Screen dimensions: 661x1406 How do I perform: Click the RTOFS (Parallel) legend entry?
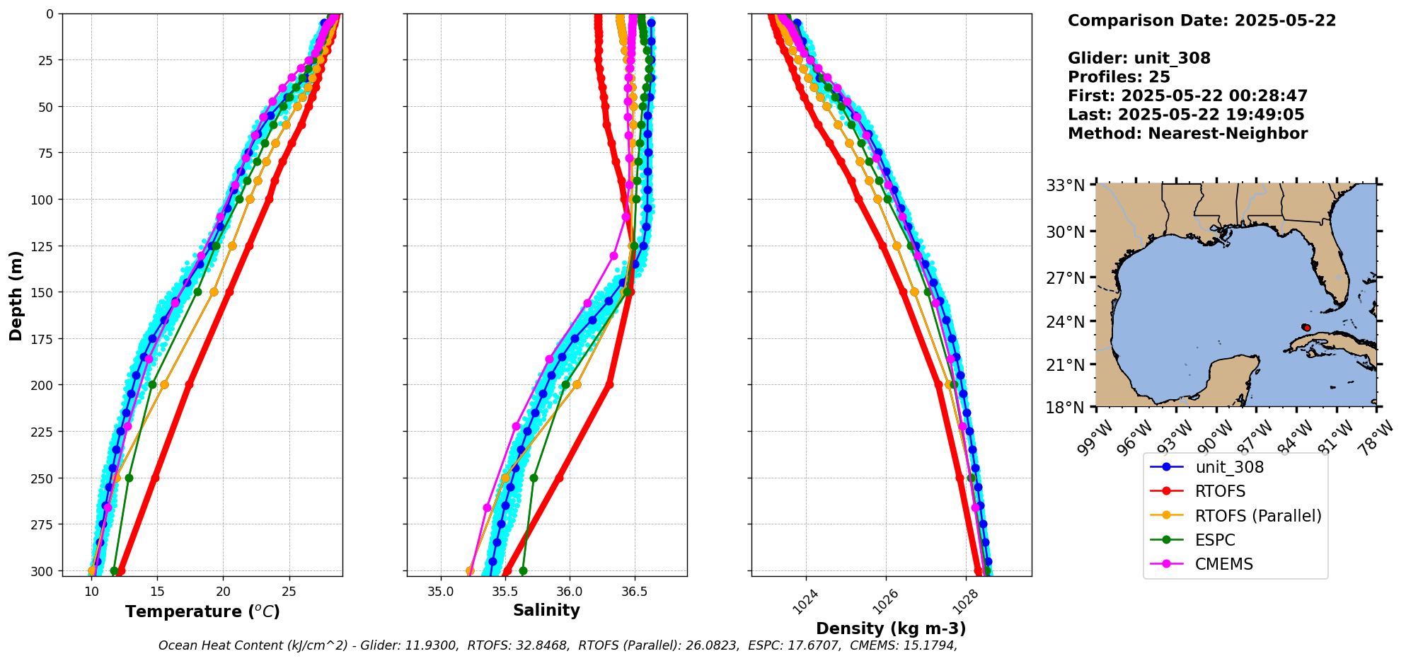pyautogui.click(x=1257, y=516)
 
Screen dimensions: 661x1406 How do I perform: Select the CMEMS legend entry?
pyautogui.click(x=1223, y=564)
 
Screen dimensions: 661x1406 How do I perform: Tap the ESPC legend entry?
pyautogui.click(x=1214, y=540)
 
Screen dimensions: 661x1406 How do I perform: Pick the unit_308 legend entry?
pyautogui.click(x=1229, y=467)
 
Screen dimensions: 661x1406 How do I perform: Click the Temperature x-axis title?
pyautogui.click(x=202, y=611)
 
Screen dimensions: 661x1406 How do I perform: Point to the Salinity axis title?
pyautogui.click(x=546, y=610)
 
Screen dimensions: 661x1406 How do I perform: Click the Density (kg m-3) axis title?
pyautogui.click(x=891, y=628)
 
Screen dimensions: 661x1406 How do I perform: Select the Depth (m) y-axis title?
pyautogui.click(x=16, y=295)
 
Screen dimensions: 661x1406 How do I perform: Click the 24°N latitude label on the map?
pyautogui.click(x=1066, y=322)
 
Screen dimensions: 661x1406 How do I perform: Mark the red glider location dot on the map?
pyautogui.click(x=1306, y=328)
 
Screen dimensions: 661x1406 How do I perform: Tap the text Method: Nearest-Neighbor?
pyautogui.click(x=1187, y=134)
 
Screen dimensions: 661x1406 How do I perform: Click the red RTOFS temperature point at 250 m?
pyautogui.click(x=155, y=478)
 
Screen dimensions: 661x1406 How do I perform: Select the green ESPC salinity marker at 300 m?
pyautogui.click(x=523, y=570)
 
